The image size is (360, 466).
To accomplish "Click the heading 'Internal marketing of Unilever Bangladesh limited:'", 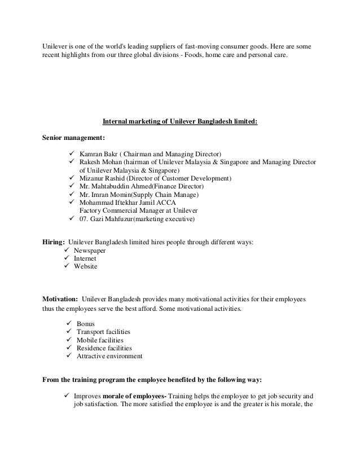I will pyautogui.click(x=179, y=120).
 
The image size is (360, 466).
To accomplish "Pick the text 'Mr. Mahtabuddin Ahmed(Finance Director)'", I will pyautogui.click(x=142, y=186).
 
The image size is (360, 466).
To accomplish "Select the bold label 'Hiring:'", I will pyautogui.click(x=54, y=242).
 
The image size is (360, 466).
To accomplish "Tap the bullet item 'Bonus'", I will pyautogui.click(x=89, y=324).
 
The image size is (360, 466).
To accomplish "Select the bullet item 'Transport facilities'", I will pyautogui.click(x=105, y=332).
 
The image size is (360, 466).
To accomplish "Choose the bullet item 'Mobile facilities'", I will pyautogui.click(x=101, y=340).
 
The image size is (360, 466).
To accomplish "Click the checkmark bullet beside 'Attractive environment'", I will pyautogui.click(x=70, y=357).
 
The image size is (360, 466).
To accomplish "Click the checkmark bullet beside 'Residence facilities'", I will pyautogui.click(x=70, y=349).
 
